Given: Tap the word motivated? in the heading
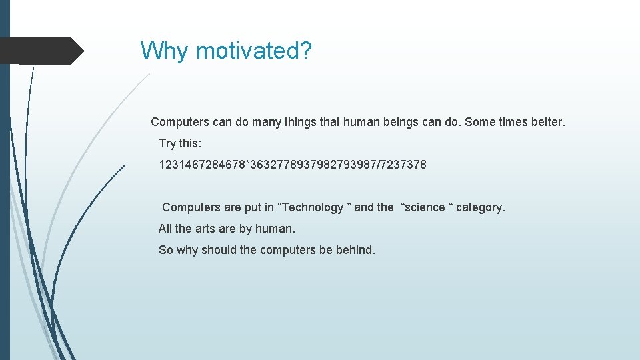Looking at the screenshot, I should click(x=253, y=51).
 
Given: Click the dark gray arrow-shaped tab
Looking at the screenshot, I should click(x=41, y=51).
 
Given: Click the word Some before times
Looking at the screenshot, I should click(x=481, y=122).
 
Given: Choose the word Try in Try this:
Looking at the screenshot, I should click(x=168, y=143).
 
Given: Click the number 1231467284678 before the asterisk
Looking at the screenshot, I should click(x=202, y=165).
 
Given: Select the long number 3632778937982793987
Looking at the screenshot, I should click(x=313, y=165).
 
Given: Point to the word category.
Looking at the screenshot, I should click(x=481, y=207).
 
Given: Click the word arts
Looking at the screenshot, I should click(x=206, y=229).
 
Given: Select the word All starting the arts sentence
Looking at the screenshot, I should click(x=166, y=229).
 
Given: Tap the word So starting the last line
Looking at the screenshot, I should click(x=166, y=250).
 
